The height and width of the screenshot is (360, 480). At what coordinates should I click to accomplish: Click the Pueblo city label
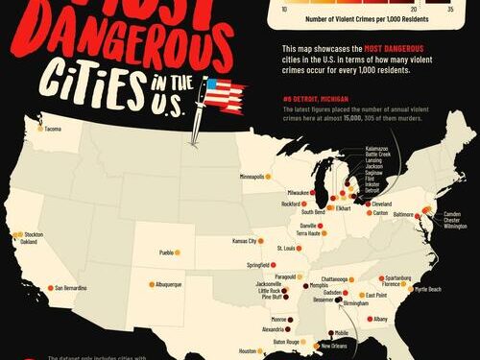coord(172,253)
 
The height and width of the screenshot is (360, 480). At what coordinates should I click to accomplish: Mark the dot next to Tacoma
coord(39,129)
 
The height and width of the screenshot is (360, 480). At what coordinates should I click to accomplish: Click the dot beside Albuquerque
coord(152,284)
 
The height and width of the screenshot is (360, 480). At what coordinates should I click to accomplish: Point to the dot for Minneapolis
coord(270,177)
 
